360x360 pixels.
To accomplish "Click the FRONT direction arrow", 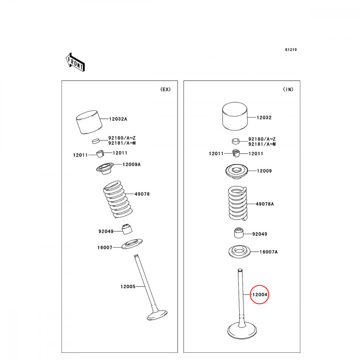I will click(75, 62).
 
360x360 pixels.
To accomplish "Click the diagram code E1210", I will click(291, 50).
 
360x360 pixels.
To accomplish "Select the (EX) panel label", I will click(165, 90).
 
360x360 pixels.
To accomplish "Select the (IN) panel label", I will click(288, 90).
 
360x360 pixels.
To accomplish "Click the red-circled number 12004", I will click(260, 294).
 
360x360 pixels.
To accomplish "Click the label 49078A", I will click(265, 204).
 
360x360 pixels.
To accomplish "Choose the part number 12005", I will click(128, 287).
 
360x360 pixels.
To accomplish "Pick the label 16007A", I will click(269, 252).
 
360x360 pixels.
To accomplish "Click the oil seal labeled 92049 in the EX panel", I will click(127, 229).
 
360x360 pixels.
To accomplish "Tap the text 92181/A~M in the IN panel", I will click(262, 144).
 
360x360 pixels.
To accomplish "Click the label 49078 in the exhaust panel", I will click(142, 194).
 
